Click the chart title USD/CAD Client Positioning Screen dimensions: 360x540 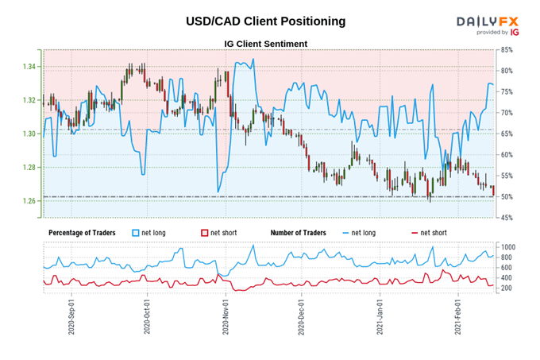[x=265, y=21]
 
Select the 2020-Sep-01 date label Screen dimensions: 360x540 [x=71, y=315]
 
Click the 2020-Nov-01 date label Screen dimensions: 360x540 [x=226, y=315]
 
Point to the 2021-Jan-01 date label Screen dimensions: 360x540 [x=380, y=315]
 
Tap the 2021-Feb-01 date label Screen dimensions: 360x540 [x=458, y=315]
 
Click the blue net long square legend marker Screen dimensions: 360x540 [x=134, y=232]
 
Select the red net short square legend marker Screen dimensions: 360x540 [x=204, y=232]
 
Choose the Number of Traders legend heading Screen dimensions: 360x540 [x=299, y=232]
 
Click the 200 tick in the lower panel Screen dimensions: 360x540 [x=507, y=288]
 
